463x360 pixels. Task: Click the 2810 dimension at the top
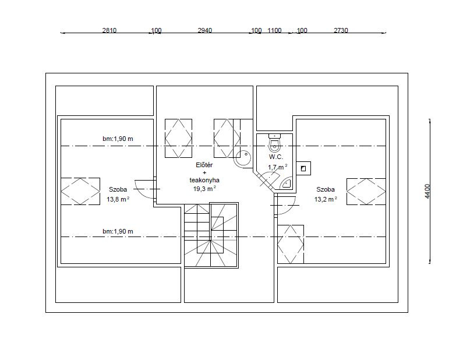[109, 30]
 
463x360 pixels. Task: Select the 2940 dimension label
[204, 30]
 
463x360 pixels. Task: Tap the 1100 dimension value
[274, 30]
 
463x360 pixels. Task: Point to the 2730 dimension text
[341, 30]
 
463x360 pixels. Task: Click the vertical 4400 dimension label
[427, 191]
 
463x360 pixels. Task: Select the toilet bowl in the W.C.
[274, 143]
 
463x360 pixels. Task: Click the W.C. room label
[276, 157]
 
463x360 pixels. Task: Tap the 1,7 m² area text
[278, 167]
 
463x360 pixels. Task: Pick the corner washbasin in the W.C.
[286, 183]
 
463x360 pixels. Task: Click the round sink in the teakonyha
[243, 159]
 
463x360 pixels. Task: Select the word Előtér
[204, 165]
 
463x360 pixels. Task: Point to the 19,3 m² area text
[204, 189]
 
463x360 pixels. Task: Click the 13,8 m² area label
[118, 199]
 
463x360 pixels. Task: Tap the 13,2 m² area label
[326, 199]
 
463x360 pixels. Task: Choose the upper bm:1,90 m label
[118, 139]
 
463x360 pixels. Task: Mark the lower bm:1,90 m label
[118, 231]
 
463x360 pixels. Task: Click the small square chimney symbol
[303, 168]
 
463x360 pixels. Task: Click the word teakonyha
[204, 180]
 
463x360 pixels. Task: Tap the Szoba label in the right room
[326, 189]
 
